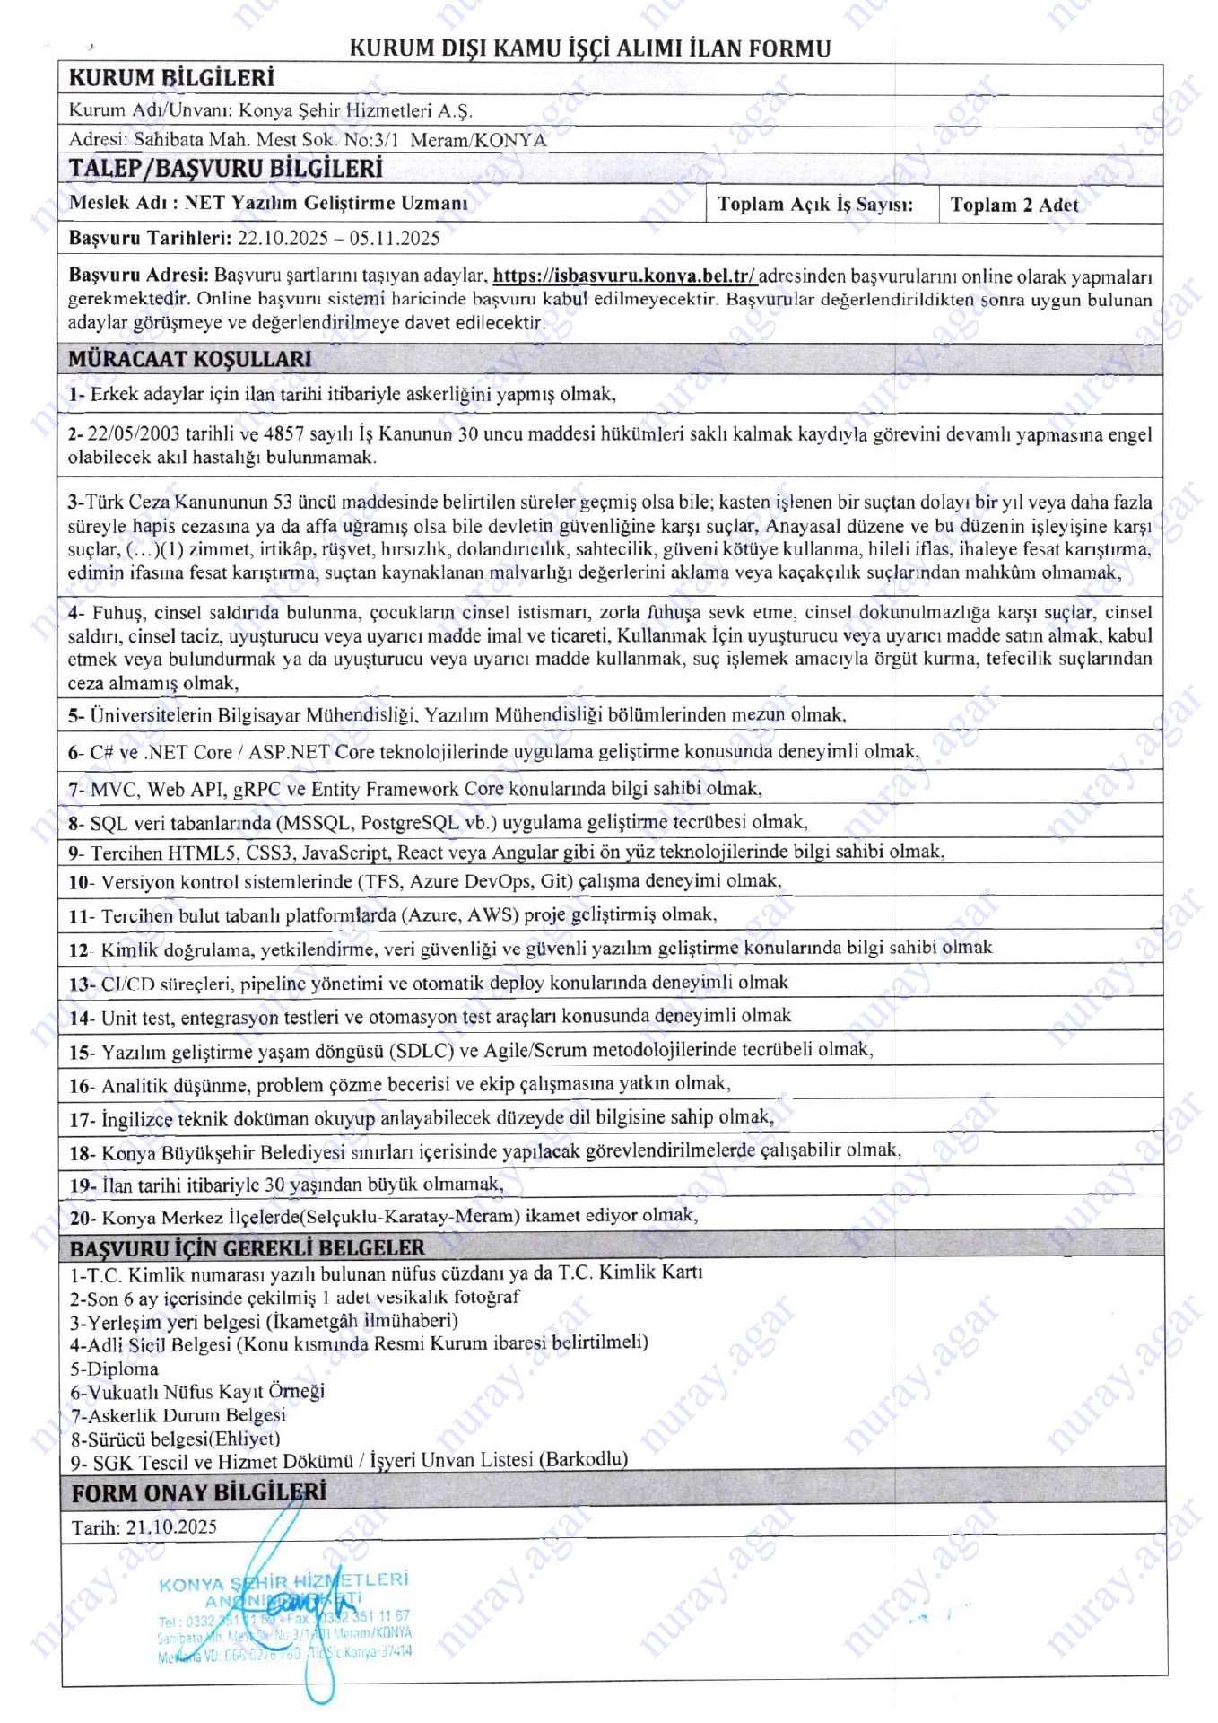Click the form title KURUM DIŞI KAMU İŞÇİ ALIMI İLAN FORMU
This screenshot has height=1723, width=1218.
589,48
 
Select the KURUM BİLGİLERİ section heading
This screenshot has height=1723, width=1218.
171,78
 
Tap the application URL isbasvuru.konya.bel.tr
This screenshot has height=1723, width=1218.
624,276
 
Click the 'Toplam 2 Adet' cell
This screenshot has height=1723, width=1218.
1014,205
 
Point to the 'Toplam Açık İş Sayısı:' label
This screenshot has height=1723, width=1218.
814,205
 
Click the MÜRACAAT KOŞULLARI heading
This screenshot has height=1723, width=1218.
190,359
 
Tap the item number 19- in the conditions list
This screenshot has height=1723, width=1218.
83,1185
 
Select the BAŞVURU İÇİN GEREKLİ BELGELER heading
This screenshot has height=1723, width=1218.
248,1248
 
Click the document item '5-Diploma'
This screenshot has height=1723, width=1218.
114,1369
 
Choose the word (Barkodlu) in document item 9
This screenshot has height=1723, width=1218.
583,1460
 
